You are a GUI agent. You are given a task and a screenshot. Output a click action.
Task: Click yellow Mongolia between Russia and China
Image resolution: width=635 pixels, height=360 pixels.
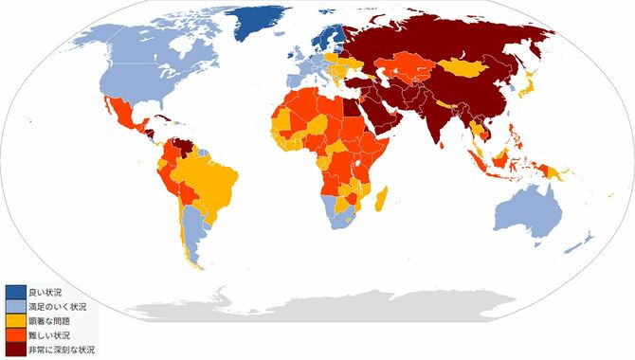point(464,67)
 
